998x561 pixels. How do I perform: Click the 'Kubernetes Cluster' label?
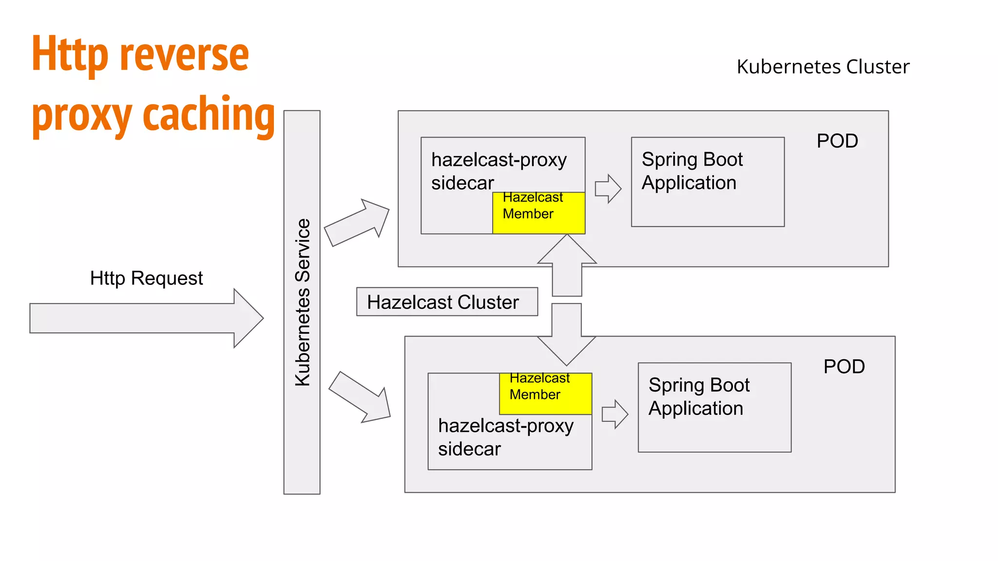pos(823,67)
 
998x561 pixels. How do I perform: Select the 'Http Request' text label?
pos(146,278)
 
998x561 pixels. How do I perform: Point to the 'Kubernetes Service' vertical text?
pos(303,302)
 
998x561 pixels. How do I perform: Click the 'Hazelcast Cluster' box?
pos(446,302)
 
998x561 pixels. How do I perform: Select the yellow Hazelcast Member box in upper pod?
pos(538,213)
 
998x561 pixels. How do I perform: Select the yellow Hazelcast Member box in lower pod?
pos(545,393)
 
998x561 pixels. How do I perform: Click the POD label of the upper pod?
pos(837,141)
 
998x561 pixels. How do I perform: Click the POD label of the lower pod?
pos(844,367)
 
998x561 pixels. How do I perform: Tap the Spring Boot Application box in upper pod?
pos(707,182)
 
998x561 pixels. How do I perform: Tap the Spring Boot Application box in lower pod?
pos(714,407)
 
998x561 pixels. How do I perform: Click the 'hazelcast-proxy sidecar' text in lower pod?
pos(505,437)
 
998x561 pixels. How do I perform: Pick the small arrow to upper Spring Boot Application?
pos(608,188)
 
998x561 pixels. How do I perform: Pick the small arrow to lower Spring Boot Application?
pos(614,414)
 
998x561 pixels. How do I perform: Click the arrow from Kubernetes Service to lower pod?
pos(361,397)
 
